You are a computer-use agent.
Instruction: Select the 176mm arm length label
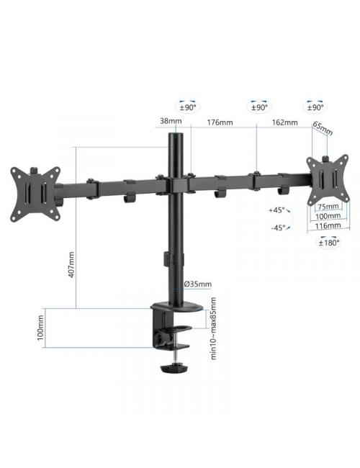pos(220,122)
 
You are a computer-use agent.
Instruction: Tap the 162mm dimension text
pos(285,122)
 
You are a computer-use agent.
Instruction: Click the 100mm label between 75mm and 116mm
pos(328,215)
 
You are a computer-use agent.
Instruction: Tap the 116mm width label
pos(328,225)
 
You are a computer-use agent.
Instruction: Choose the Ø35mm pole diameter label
pos(197,284)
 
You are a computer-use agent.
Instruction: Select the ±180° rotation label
pos(328,243)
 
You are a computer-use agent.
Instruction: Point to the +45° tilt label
pos(276,211)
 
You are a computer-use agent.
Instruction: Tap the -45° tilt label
pos(277,228)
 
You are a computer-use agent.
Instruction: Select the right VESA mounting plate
pos(327,177)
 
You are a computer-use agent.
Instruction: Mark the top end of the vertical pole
pos(176,135)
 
